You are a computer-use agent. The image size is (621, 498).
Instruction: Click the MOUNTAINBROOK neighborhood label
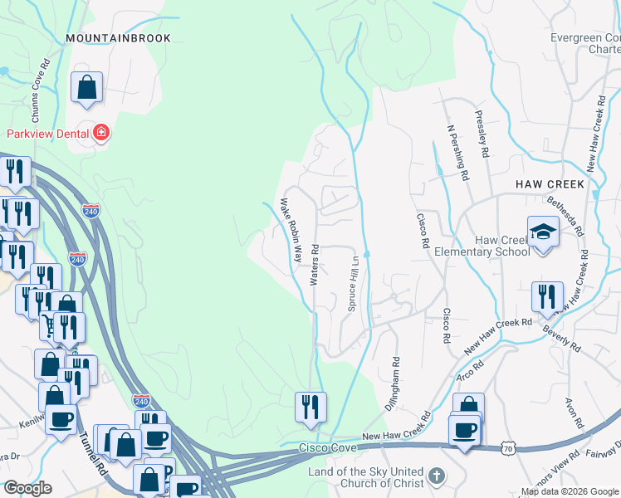[x=118, y=38]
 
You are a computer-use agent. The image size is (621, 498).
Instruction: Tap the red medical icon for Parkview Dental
[x=101, y=133]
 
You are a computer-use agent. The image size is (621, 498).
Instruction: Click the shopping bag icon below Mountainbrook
[x=86, y=87]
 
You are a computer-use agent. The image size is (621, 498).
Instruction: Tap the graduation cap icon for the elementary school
[x=543, y=231]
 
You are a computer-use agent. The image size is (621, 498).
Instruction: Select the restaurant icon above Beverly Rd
[x=547, y=296]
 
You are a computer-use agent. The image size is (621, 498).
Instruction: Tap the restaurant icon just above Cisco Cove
[x=310, y=407]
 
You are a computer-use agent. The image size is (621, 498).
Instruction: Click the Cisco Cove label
[x=328, y=447]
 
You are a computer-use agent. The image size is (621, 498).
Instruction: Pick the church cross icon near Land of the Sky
[x=438, y=477]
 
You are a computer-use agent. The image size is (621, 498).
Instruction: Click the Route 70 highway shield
[x=511, y=448]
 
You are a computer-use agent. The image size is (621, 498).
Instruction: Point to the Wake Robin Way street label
[x=290, y=230]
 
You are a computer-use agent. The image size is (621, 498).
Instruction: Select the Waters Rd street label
[x=315, y=265]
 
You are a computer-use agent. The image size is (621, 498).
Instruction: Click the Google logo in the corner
[x=27, y=488]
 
